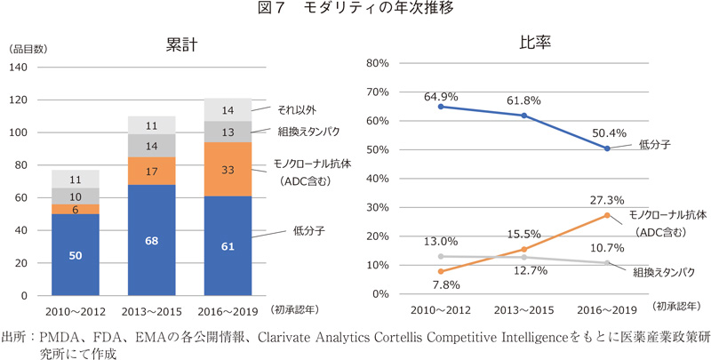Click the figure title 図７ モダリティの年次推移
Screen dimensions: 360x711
pos(355,9)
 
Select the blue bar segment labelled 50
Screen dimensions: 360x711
pos(75,254)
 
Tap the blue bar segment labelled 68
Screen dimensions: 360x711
pos(151,240)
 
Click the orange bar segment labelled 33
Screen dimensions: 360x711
pos(228,169)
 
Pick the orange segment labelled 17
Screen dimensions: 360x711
pos(151,172)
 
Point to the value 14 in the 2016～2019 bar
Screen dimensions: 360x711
pos(228,109)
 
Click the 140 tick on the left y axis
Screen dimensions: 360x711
pos(20,68)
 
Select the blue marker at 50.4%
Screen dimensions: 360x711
pos(608,148)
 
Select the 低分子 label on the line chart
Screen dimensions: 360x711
pos(652,142)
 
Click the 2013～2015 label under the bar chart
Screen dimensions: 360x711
pos(151,312)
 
